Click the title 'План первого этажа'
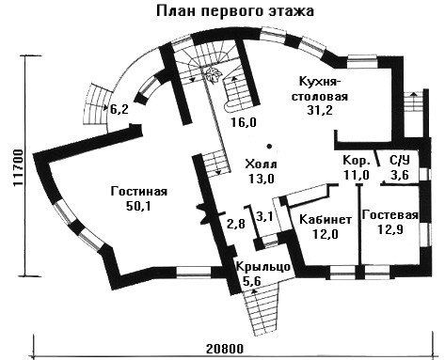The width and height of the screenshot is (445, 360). click(235, 11)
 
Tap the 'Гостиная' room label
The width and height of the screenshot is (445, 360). click(139, 191)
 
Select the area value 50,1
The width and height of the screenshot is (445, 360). click(138, 206)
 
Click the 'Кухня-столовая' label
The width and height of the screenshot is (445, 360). click(320, 88)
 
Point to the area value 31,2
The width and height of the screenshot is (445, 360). click(320, 110)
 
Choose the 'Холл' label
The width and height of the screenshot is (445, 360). click(262, 164)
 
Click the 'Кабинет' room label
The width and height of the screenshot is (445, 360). click(326, 219)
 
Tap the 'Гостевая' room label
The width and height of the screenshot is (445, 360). click(390, 215)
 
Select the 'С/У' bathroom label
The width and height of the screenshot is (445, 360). click(400, 160)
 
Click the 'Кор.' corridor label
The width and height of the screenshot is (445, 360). click(357, 161)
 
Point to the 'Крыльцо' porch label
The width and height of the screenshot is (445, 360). click(263, 267)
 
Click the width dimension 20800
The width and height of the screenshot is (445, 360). click(225, 349)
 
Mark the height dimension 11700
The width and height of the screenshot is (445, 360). click(19, 168)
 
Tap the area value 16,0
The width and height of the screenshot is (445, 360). click(244, 122)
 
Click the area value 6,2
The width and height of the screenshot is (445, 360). click(119, 109)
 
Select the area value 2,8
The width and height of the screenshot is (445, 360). click(236, 224)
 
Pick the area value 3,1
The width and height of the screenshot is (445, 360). click(265, 216)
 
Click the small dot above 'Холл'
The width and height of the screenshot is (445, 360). click(269, 146)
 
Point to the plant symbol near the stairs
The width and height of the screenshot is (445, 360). click(214, 75)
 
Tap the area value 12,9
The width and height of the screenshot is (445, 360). click(390, 229)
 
